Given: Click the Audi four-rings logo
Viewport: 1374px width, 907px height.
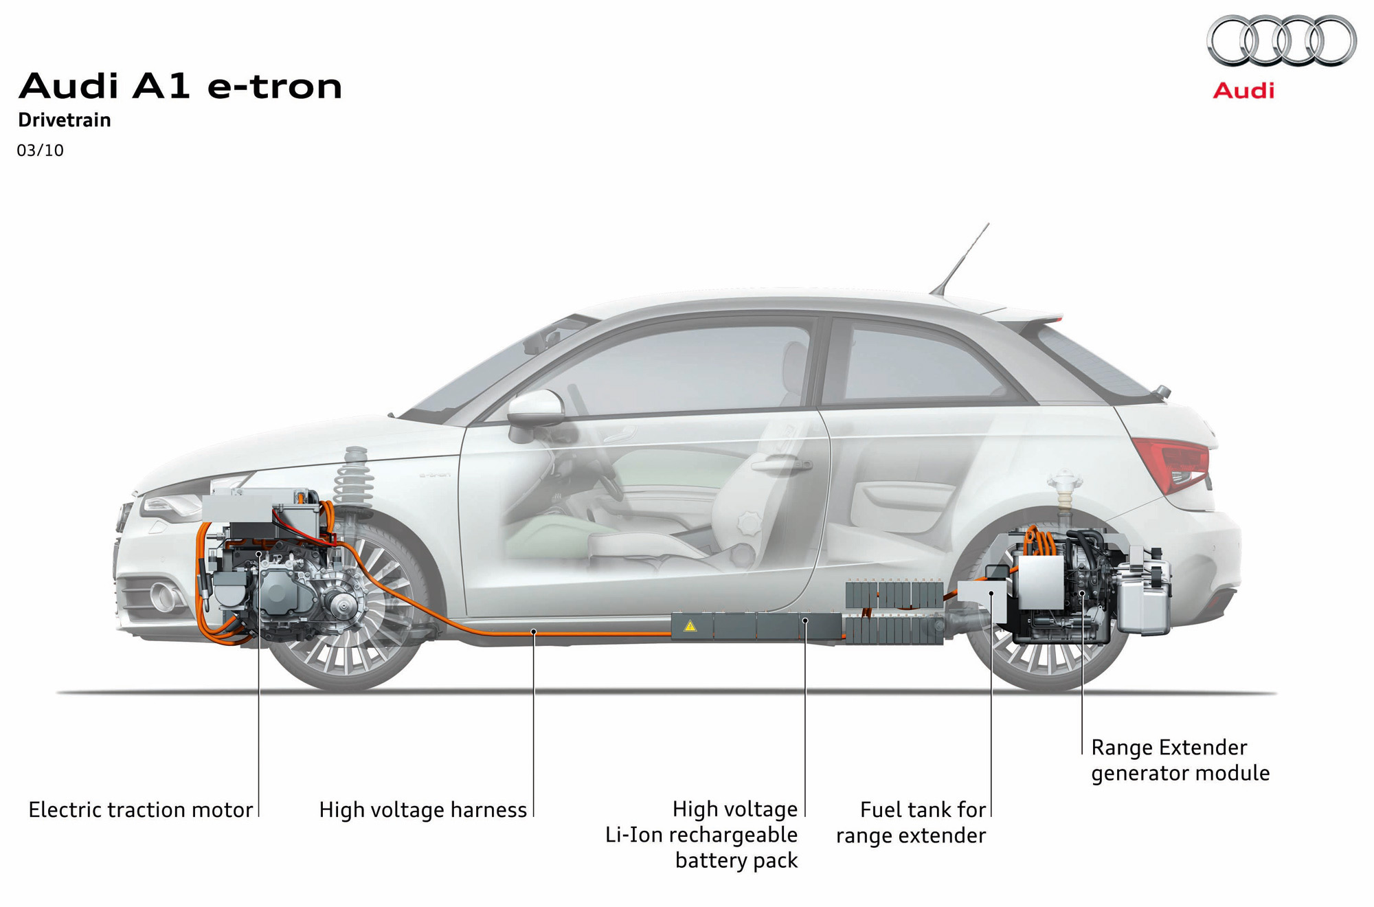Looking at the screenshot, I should coord(1281,41).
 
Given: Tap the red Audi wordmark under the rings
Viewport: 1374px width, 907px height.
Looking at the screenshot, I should coord(1243,91).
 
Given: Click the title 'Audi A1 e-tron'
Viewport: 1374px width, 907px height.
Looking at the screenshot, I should coord(180,87).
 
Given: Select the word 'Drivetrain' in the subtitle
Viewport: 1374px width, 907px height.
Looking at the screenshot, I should coord(65,120).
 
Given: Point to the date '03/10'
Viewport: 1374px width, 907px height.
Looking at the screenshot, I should coord(41,150).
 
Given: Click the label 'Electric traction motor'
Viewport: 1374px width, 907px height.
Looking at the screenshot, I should coord(141,809).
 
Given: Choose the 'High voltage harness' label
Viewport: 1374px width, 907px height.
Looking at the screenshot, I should coord(423,809).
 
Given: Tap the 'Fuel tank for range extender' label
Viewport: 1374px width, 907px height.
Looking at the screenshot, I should coord(912,822).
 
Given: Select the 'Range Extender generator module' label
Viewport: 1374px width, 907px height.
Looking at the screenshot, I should coord(1180,760).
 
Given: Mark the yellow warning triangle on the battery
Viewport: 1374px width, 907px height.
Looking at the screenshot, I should coord(690,626).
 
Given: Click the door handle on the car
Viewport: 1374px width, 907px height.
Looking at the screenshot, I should coord(781,465).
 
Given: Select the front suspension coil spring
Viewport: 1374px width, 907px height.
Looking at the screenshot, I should coord(352,477).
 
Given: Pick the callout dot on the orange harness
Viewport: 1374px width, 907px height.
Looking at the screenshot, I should coord(534,631).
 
